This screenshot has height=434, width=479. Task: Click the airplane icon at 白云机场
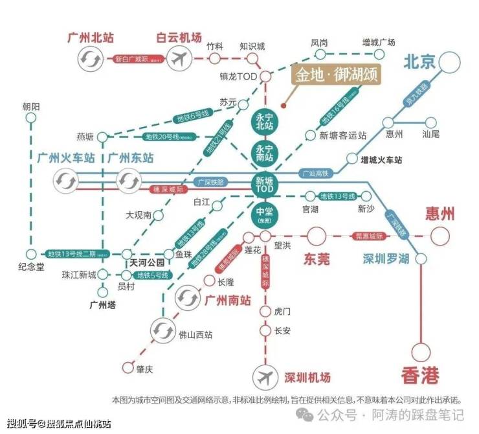pos(177,60)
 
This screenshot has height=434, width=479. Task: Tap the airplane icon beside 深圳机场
pos(265,377)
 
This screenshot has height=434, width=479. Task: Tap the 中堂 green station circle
pos(265,214)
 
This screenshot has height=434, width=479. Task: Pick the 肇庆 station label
pos(144,369)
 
